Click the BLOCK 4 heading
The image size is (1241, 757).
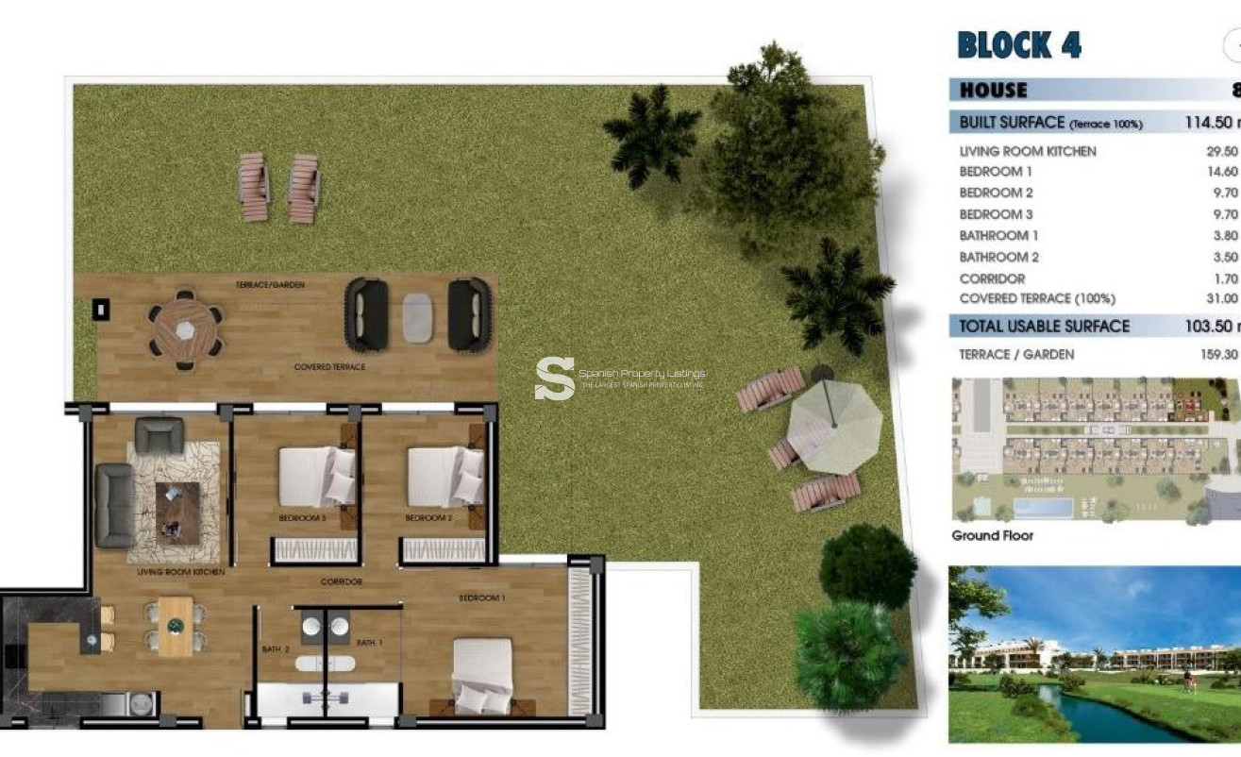pos(1019,45)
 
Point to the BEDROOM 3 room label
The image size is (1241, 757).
pos(302,518)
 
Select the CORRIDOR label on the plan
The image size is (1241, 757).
pos(341,581)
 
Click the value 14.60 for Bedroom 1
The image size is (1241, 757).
pos(1221,172)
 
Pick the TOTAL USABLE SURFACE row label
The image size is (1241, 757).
pos(1044,326)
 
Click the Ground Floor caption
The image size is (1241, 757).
pos(992,535)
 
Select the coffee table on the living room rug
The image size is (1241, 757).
pos(177,513)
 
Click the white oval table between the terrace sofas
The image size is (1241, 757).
pos(417,318)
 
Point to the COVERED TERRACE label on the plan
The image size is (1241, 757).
pos(329,366)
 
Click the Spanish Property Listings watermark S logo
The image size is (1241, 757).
pos(554,378)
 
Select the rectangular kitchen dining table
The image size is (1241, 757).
pos(176,626)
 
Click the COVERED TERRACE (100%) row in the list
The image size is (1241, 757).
pos(1037,298)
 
